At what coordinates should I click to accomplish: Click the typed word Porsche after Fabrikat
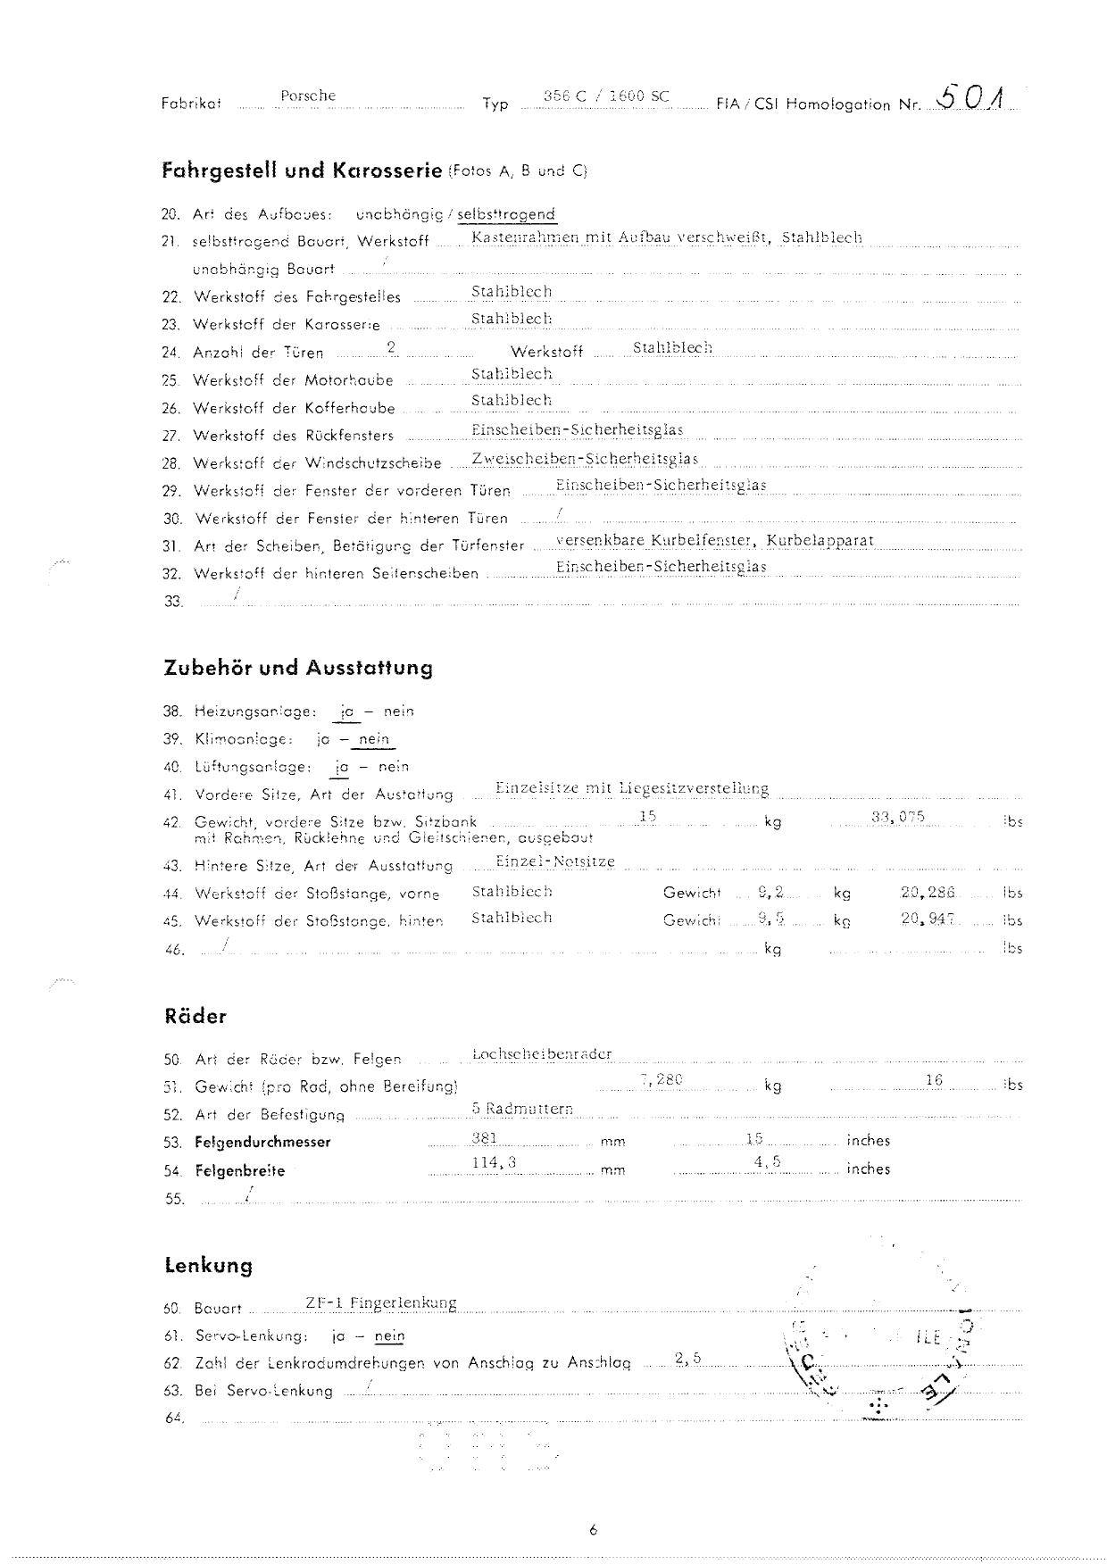click(308, 96)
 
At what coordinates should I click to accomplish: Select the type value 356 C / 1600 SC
click(606, 96)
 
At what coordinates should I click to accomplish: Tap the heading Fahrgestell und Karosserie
click(302, 170)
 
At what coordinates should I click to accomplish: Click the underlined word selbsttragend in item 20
click(505, 214)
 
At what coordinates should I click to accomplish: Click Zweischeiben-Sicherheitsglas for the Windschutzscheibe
click(585, 459)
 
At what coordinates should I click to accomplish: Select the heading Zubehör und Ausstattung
click(298, 668)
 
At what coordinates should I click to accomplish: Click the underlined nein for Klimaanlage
click(374, 739)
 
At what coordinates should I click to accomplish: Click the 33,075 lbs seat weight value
click(897, 816)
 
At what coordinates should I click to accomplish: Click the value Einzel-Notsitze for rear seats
click(555, 861)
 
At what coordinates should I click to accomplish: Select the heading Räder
click(196, 1016)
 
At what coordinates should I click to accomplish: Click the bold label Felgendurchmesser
click(262, 1142)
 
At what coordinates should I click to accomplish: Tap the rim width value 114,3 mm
click(495, 1161)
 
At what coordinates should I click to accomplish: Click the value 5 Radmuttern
click(522, 1109)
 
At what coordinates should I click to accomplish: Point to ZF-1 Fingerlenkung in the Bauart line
click(380, 1302)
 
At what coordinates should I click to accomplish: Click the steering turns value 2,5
click(688, 1359)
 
